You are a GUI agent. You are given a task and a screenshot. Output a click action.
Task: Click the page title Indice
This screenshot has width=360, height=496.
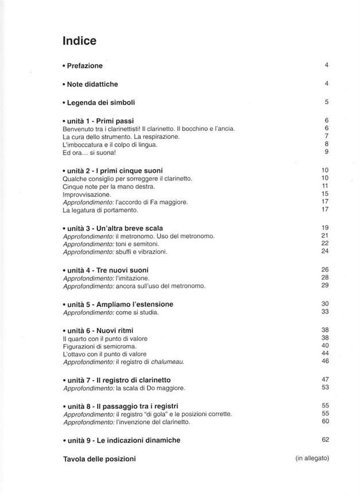pyautogui.click(x=79, y=41)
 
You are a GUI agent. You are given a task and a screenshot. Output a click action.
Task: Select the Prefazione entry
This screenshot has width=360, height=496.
pyautogui.click(x=84, y=66)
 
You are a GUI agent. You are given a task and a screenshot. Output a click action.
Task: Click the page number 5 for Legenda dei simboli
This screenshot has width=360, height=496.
pyautogui.click(x=326, y=102)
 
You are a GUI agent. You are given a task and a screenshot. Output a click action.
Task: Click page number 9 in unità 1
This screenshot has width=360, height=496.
pyautogui.click(x=326, y=152)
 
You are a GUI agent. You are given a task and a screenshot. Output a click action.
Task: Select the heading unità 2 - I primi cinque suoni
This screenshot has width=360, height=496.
pyautogui.click(x=114, y=171)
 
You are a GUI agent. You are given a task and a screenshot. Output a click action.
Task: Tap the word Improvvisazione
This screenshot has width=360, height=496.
pyautogui.click(x=87, y=195)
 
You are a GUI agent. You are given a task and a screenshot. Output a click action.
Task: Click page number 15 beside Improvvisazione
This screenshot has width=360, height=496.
pyautogui.click(x=324, y=194)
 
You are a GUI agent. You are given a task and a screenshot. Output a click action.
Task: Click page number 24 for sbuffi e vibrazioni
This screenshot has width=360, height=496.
pyautogui.click(x=324, y=251)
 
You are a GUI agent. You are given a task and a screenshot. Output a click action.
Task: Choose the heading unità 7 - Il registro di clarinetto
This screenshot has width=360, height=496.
pyautogui.click(x=118, y=380)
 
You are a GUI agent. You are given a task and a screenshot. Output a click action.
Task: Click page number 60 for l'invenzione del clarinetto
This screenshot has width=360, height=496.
pyautogui.click(x=324, y=421)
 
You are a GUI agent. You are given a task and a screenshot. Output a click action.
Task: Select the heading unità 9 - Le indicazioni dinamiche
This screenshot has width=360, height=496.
pyautogui.click(x=123, y=440)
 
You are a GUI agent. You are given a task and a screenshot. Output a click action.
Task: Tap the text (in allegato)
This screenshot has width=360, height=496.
pyautogui.click(x=312, y=458)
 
